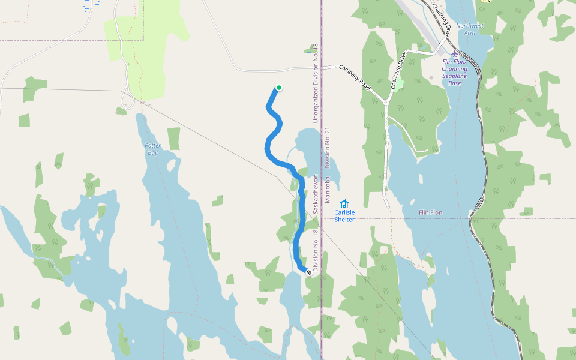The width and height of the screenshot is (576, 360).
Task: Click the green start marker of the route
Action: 279,88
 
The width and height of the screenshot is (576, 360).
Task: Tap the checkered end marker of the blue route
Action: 309,272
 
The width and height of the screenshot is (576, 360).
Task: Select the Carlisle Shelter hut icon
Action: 344,204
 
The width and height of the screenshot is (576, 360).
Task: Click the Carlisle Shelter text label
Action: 344,216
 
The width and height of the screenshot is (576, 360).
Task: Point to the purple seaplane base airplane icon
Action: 455,53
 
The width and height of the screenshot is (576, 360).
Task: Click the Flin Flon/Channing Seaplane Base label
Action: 455,73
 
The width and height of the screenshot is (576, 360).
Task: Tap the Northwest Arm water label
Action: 469,29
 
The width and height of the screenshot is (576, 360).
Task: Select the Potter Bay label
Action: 153,149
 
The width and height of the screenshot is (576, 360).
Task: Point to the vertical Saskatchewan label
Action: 315,194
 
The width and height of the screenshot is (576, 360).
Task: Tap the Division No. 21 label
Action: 328,147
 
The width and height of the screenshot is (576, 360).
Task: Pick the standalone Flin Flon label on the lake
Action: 430,213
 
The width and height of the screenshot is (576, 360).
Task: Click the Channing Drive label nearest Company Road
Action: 398,71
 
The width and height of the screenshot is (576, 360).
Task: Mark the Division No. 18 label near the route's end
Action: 315,251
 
